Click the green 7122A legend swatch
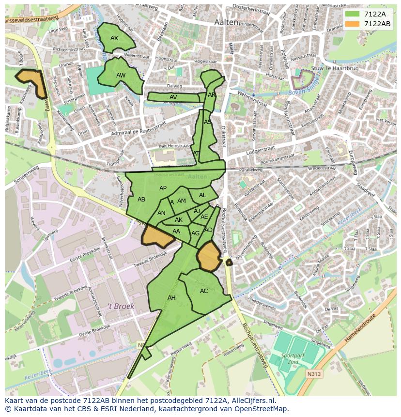352,14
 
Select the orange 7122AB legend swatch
352,24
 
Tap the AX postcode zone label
114,38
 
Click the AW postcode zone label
121,76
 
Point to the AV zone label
173,97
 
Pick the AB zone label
141,200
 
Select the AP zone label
163,188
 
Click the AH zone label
171,298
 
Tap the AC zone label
204,291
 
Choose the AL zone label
202,195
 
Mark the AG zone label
196,233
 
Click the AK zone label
179,220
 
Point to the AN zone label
162,213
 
